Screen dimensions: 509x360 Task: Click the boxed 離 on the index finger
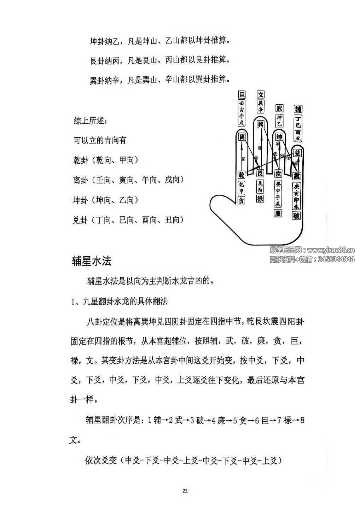242,136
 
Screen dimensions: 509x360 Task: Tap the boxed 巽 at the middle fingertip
261,124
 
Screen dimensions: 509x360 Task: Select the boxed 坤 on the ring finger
279,137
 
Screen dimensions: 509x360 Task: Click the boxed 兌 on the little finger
298,153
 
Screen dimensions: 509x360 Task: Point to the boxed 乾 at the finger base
242,174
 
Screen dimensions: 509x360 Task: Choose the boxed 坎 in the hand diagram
278,174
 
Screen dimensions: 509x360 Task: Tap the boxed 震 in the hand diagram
297,176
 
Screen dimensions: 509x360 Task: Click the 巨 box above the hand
242,95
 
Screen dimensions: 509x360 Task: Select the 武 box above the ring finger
279,108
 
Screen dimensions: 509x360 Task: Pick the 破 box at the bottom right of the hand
296,215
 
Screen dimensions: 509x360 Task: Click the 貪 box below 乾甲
241,200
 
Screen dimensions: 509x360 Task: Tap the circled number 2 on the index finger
243,159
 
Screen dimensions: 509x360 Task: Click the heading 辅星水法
92,261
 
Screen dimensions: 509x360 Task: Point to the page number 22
185,490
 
